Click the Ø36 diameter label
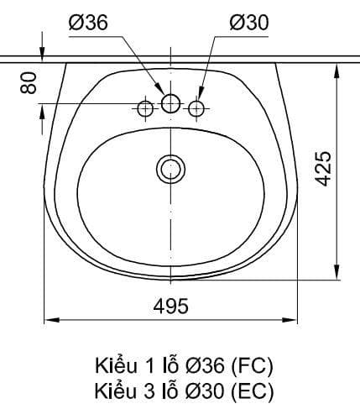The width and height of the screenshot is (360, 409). point(88,23)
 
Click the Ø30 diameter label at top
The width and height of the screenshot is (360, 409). point(249,23)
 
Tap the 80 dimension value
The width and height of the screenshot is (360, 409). point(29,82)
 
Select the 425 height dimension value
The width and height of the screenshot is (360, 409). point(323,168)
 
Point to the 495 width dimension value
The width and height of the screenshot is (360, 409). point(171,306)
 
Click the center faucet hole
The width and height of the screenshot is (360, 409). point(170,103)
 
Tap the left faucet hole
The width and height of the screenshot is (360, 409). point(145,108)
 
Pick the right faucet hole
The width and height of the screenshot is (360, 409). point(196,108)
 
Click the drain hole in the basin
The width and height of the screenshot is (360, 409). point(170,170)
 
